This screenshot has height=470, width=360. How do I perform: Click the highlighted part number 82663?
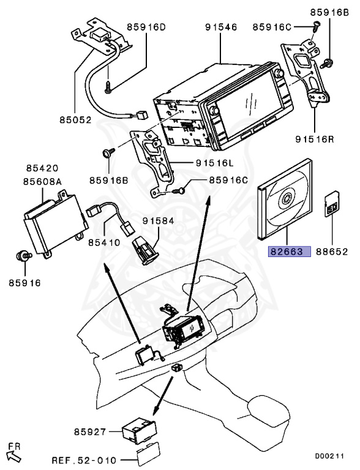(290, 252)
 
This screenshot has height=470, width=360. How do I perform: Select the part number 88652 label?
(332, 252)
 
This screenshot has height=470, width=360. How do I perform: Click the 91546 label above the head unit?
(221, 28)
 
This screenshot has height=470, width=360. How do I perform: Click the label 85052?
(75, 120)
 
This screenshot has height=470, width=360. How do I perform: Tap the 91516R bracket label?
(315, 139)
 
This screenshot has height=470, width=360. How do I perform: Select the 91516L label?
(214, 163)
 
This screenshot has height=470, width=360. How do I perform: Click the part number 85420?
(42, 168)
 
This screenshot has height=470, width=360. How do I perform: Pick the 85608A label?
(43, 182)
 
